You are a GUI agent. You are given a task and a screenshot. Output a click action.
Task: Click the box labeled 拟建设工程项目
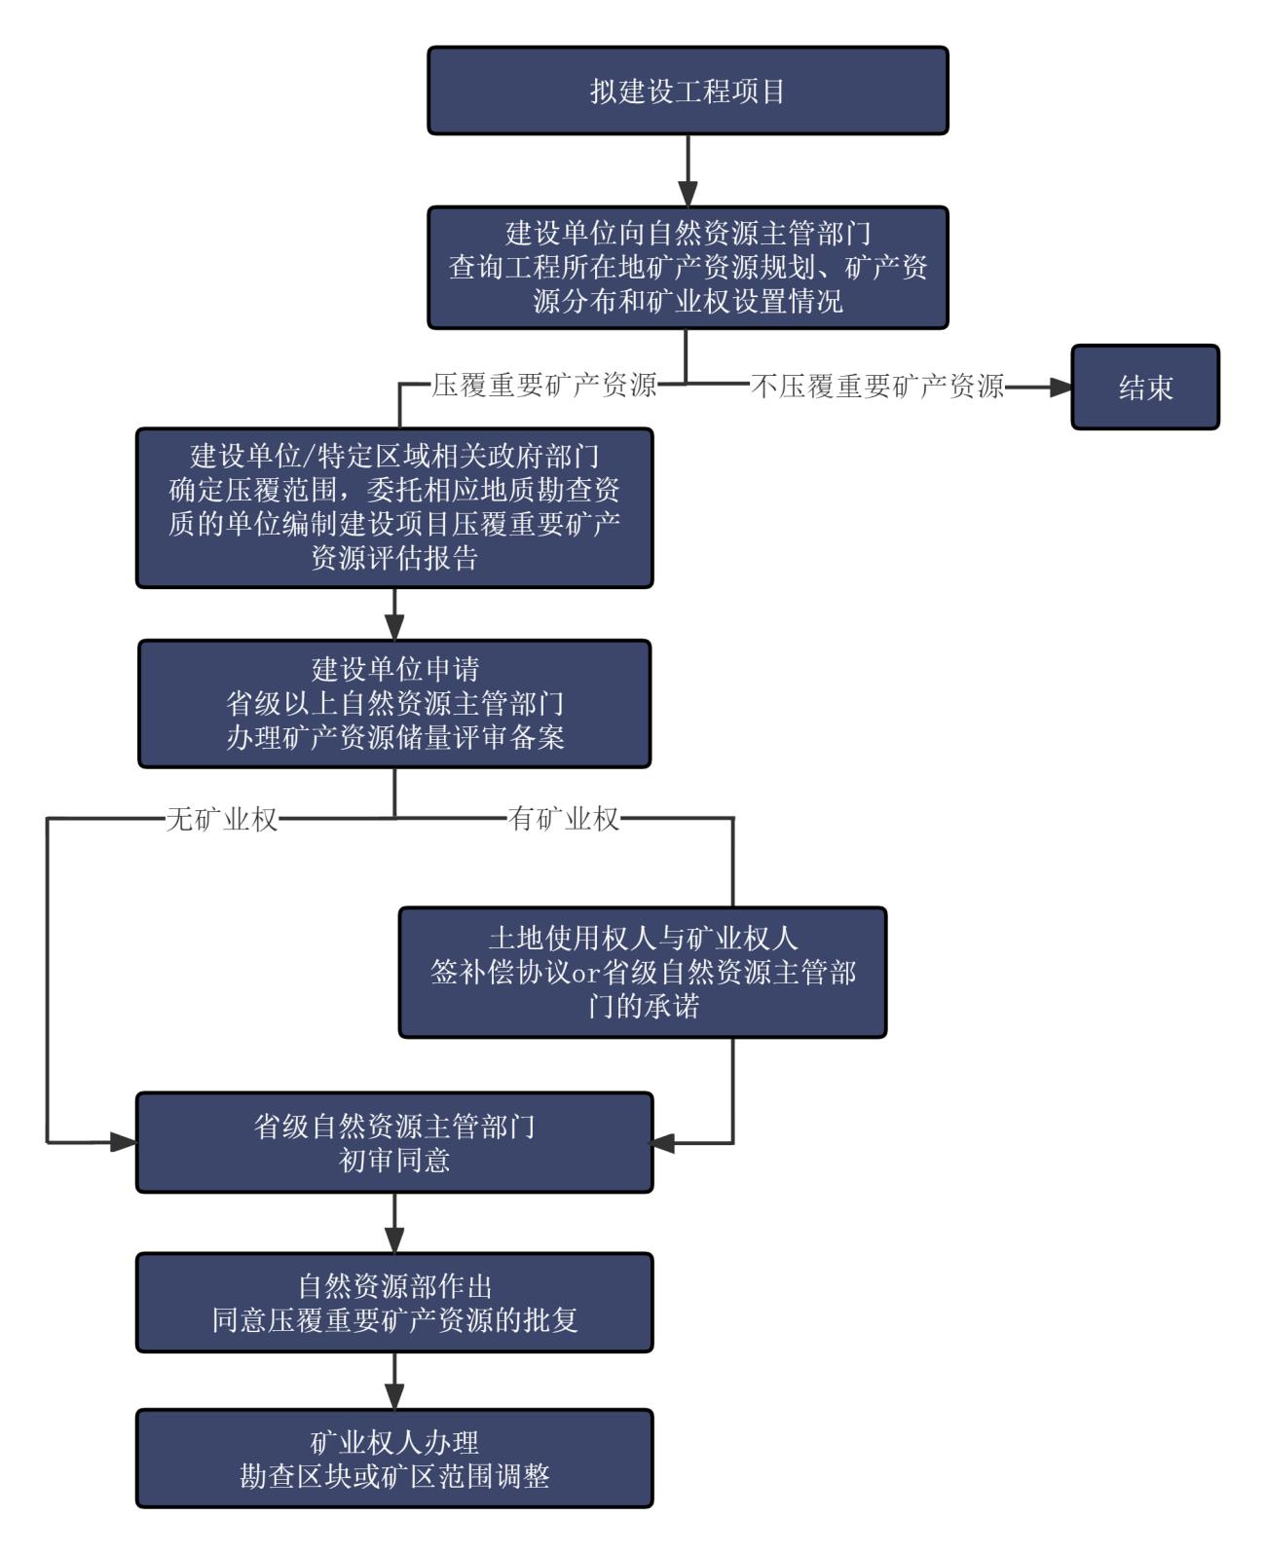(x=688, y=91)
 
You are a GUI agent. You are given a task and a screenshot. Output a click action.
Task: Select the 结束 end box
(x=1145, y=388)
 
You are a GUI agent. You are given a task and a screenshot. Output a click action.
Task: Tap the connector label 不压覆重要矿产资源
(x=877, y=388)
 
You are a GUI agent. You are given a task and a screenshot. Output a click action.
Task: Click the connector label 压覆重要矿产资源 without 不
(x=543, y=386)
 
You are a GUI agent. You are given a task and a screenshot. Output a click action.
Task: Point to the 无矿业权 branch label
(x=222, y=819)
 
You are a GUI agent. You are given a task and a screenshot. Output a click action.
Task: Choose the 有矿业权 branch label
(x=564, y=819)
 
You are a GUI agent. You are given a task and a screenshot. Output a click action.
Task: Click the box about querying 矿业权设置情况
(x=688, y=267)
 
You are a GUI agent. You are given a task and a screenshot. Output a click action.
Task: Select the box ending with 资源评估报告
(x=394, y=507)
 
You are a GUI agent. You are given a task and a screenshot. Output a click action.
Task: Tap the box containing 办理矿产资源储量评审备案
(x=394, y=703)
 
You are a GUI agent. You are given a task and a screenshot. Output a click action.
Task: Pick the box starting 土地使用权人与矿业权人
(x=643, y=972)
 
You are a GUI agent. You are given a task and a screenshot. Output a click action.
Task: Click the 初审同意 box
(x=394, y=1142)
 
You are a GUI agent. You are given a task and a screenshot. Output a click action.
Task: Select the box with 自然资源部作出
(x=394, y=1302)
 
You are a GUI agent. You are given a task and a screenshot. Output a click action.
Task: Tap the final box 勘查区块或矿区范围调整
(x=394, y=1458)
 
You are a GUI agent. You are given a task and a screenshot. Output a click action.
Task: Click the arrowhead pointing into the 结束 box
(x=1060, y=388)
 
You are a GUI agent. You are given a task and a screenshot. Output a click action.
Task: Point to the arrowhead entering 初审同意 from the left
(x=124, y=1142)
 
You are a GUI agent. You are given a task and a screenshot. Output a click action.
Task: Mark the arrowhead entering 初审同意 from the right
(x=664, y=1142)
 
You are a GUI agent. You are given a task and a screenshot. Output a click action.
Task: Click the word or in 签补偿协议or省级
(x=588, y=973)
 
